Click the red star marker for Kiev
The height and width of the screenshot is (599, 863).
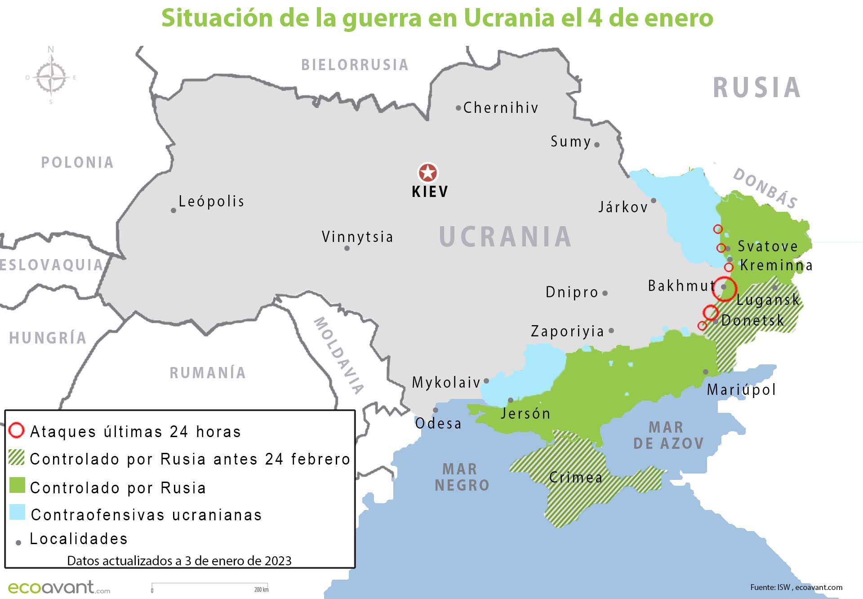pos(427,173)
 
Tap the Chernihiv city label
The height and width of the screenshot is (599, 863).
pos(501,108)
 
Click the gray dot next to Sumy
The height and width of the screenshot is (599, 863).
pos(597,145)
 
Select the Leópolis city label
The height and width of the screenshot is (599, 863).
pos(211,201)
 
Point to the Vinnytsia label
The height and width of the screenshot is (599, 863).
pos(357,237)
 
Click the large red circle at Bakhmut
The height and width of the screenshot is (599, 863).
pos(724,289)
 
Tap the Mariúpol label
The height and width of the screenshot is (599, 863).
pos(741,389)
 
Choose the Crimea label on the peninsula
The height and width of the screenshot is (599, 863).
pos(576,477)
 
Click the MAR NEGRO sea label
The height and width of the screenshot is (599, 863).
pos(462,477)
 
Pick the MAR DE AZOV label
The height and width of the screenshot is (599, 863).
pos(668,435)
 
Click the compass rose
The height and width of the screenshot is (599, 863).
pos(51,77)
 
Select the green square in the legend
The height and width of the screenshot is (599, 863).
pos(17,486)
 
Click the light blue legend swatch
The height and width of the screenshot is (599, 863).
pos(17,513)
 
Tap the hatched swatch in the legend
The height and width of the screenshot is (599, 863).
pos(17,458)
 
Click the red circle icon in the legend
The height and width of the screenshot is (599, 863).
pos(16,430)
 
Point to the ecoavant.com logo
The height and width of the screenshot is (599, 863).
pos(58,587)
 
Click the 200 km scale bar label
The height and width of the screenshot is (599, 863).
pos(261,590)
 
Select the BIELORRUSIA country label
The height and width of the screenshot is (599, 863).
pos(355,65)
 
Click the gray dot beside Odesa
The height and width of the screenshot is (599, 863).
pos(435,410)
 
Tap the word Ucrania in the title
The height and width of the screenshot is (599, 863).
pos(509,18)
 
